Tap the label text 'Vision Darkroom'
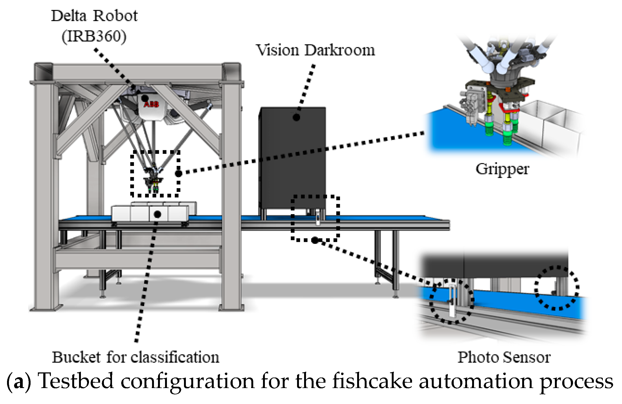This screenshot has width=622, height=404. [x=315, y=50]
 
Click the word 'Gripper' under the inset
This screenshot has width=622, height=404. [x=502, y=169]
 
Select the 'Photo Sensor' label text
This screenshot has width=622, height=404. [x=504, y=357]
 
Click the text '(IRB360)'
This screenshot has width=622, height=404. [x=94, y=36]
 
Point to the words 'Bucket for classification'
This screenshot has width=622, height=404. [x=135, y=357]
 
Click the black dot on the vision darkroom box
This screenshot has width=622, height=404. [x=297, y=117]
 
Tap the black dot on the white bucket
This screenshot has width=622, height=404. [x=157, y=214]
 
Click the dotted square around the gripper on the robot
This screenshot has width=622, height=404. [x=132, y=173]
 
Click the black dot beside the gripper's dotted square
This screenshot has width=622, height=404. [x=179, y=173]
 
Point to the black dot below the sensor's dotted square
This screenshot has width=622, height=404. [x=315, y=240]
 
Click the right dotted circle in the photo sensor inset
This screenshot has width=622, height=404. [x=557, y=288]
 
